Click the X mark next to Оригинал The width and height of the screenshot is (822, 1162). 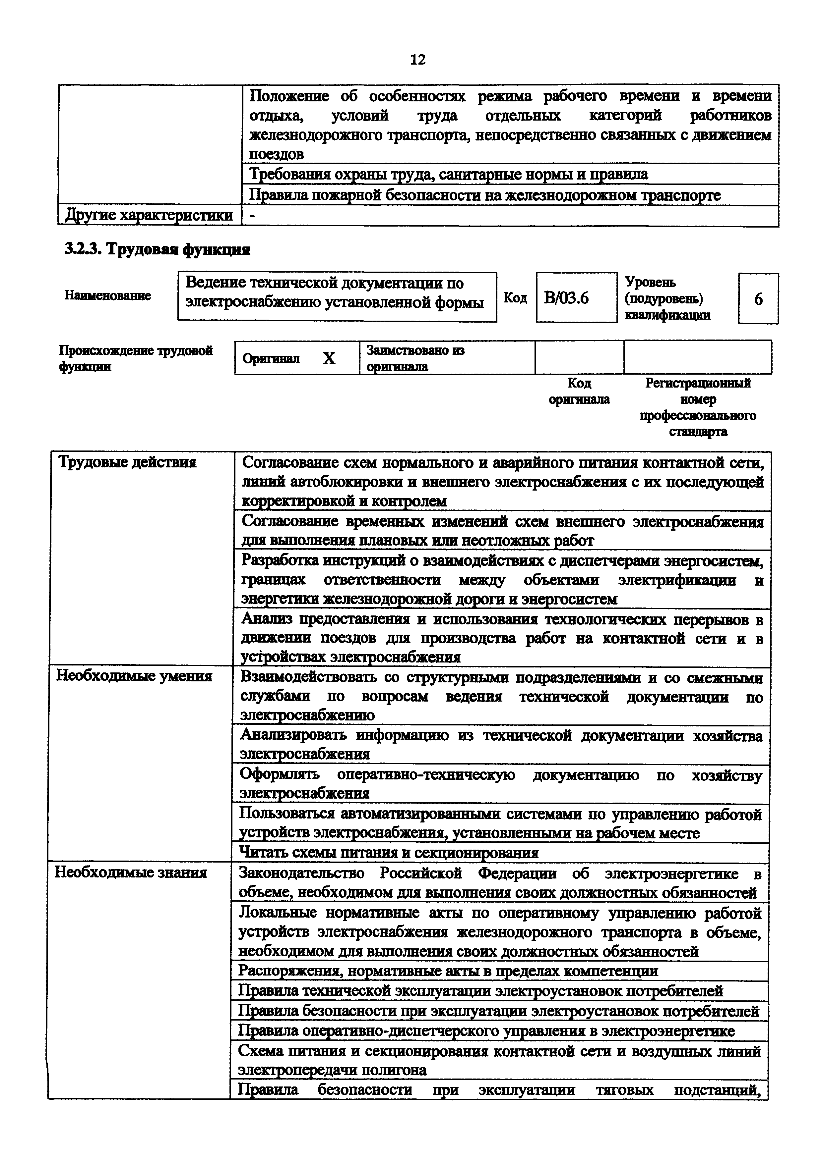pyautogui.click(x=329, y=358)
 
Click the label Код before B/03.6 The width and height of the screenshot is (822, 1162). pyautogui.click(x=515, y=298)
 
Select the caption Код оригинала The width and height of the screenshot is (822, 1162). pyautogui.click(x=579, y=391)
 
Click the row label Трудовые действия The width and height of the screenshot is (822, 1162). pyautogui.click(x=127, y=462)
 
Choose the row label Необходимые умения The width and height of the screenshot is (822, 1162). pyautogui.click(x=134, y=676)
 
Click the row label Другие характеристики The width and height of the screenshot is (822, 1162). pyautogui.click(x=149, y=215)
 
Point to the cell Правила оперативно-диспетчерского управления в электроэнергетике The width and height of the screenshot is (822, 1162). pyautogui.click(x=486, y=1031)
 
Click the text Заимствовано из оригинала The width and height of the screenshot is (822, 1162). pyautogui.click(x=415, y=358)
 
